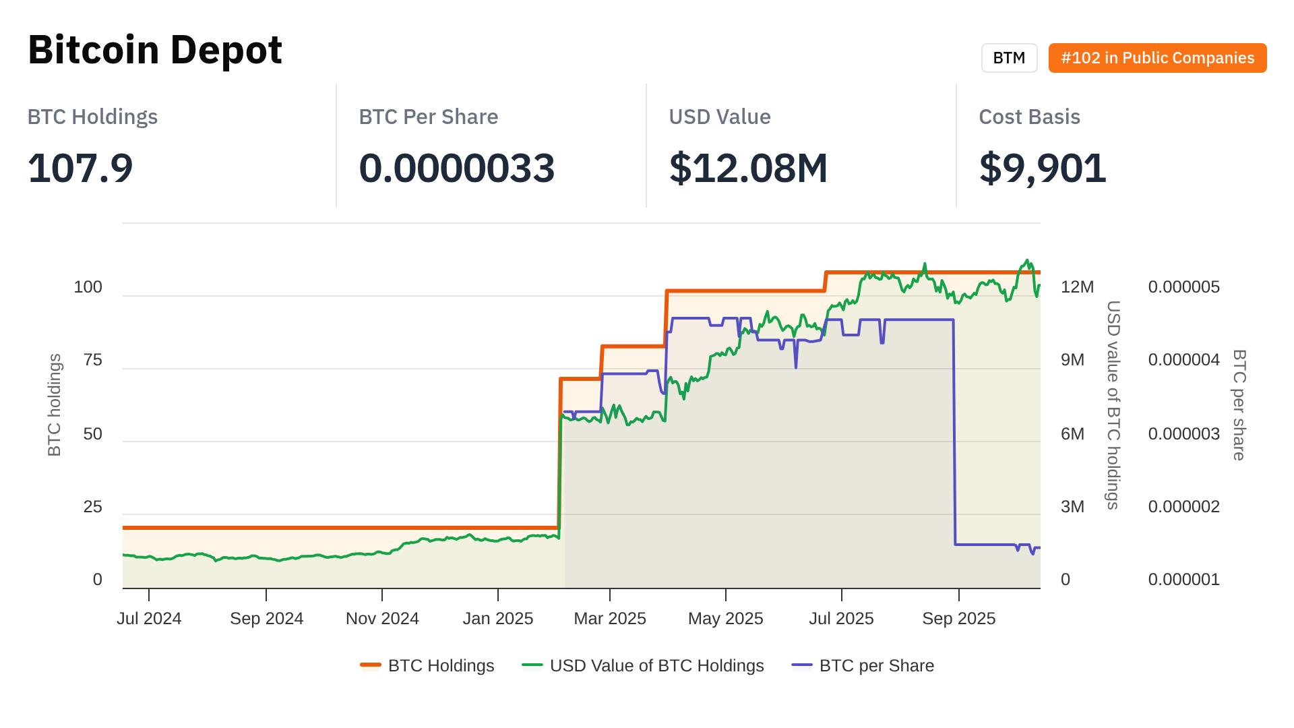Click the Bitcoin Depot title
(x=155, y=50)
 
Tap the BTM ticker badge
(x=1009, y=58)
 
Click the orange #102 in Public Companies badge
(x=1157, y=58)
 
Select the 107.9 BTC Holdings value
(x=80, y=168)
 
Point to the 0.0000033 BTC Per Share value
(x=456, y=168)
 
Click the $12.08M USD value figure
(x=748, y=168)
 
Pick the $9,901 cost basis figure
(x=1043, y=168)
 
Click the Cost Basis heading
(x=1029, y=117)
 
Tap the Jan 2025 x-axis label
(x=497, y=619)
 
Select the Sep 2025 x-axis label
(x=958, y=619)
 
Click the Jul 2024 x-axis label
(x=149, y=619)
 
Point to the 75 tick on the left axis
(x=93, y=360)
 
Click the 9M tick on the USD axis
(x=1072, y=360)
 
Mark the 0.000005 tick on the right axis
(x=1183, y=287)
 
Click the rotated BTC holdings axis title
(x=55, y=404)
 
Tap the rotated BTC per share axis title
(x=1239, y=404)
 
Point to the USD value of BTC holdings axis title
(x=1113, y=404)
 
